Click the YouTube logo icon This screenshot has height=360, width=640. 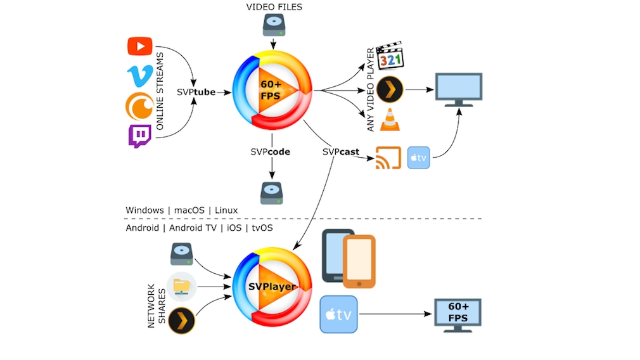click(139, 46)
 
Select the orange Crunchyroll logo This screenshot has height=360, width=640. click(139, 106)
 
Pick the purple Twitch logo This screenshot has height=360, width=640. click(139, 136)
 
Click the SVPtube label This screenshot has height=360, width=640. click(196, 93)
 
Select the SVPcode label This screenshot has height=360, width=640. click(271, 152)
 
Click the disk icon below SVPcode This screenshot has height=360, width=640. click(272, 192)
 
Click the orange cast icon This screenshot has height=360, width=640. click(388, 158)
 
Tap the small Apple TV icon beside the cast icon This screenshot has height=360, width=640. click(419, 157)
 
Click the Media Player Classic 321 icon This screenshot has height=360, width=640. click(390, 57)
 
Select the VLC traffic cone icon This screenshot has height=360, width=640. click(390, 120)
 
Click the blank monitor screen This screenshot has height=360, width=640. click(459, 88)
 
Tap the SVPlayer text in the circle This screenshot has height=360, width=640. click(272, 287)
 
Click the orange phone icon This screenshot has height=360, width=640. click(359, 260)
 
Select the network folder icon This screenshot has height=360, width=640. click(182, 286)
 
